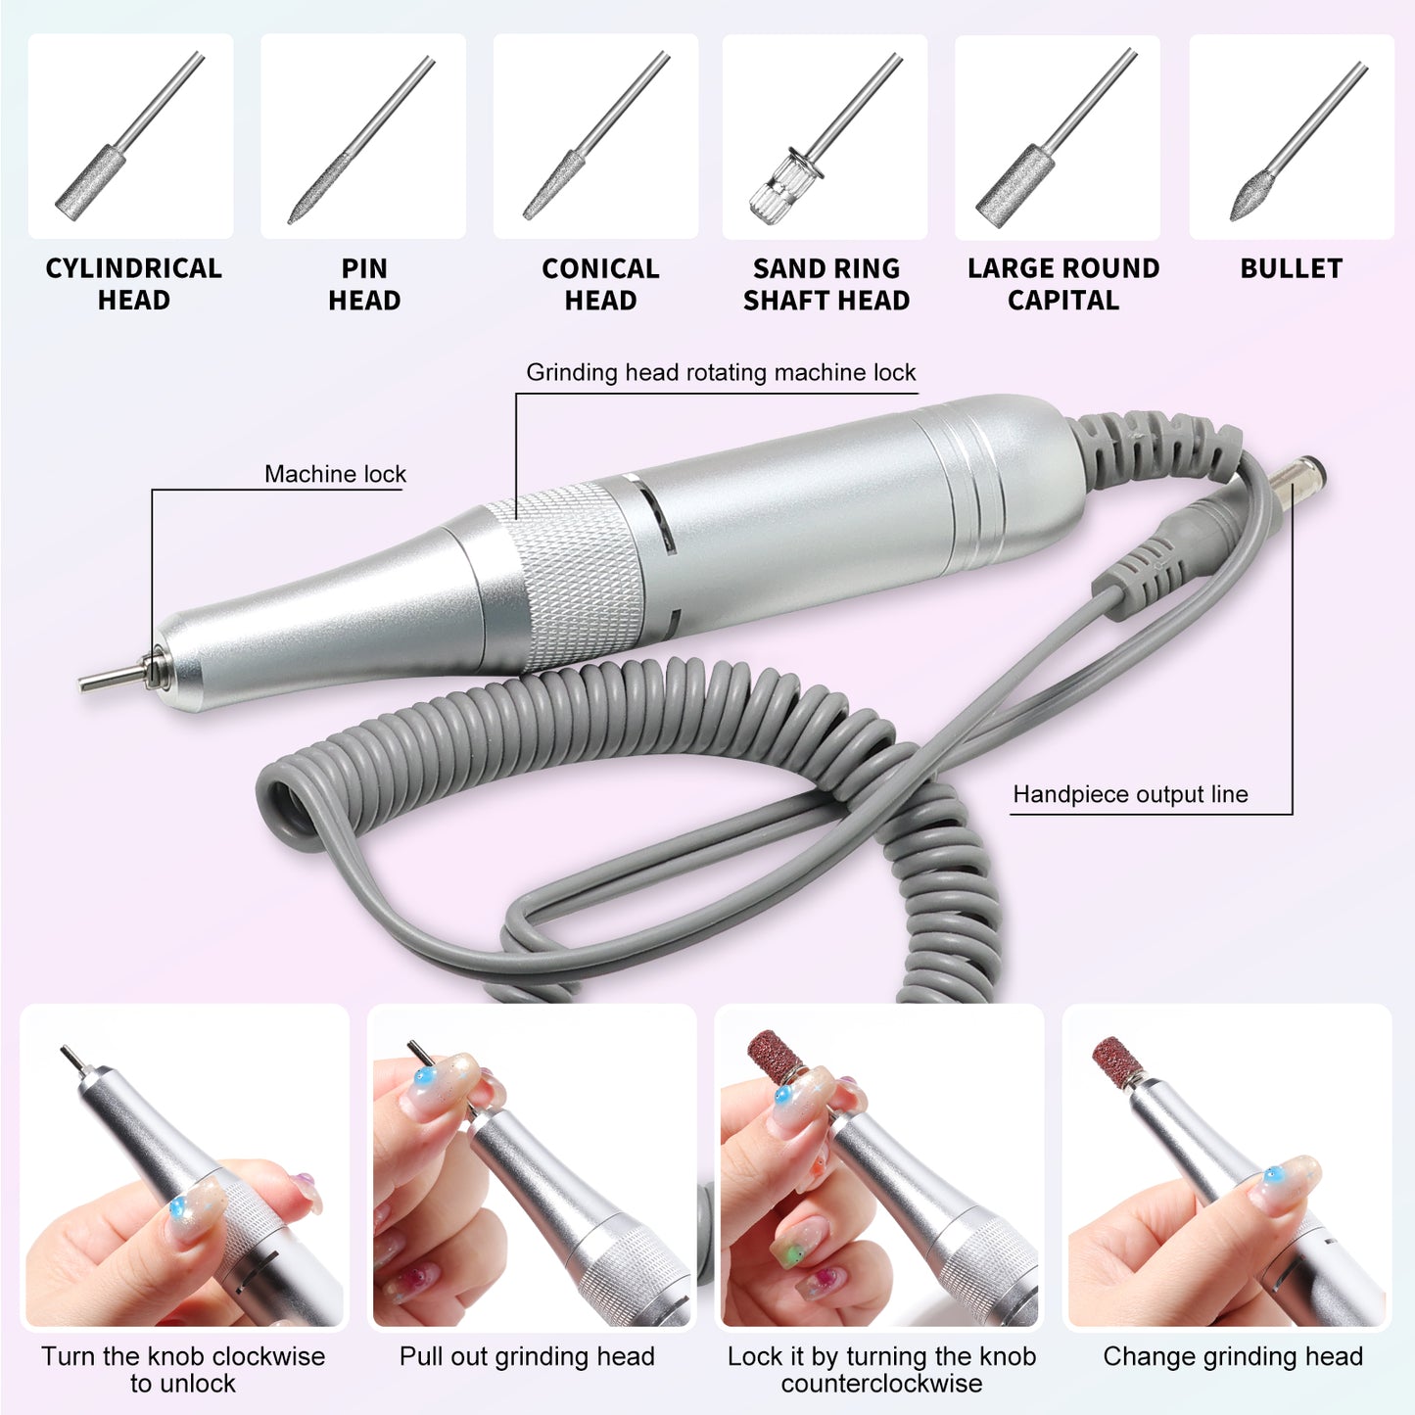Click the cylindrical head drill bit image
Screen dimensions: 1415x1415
[x=130, y=137]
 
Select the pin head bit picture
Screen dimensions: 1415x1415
[x=362, y=137]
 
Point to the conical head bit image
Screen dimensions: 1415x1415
[x=595, y=137]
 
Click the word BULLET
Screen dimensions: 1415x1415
[x=1291, y=268]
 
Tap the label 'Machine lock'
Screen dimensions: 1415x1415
[x=335, y=475]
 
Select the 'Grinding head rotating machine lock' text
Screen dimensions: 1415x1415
[x=720, y=373]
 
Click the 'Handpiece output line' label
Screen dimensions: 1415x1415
[x=1130, y=794]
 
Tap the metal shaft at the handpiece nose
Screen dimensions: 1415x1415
[x=113, y=679]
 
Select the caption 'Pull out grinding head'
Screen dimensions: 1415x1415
[x=527, y=1357]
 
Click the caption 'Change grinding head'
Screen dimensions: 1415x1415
[x=1232, y=1357]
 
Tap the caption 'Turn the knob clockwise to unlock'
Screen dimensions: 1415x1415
[x=183, y=1370]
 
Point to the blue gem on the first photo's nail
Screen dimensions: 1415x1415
[x=178, y=1208]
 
